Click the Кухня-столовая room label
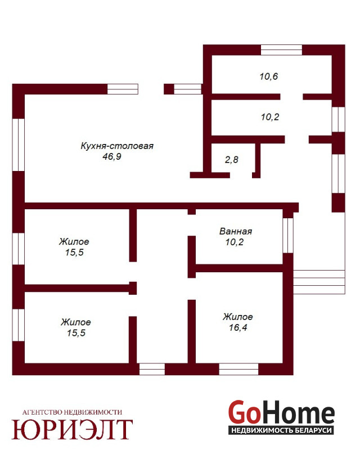coord(117,146)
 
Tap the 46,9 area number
coord(112,157)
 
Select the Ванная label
coord(236,231)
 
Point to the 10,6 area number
coord(269,76)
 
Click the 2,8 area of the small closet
coord(231,160)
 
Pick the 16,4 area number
coord(238,327)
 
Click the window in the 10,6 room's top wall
coord(281,50)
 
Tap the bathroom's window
coord(288,235)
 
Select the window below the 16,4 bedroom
coord(238,369)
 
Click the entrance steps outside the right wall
coord(319,282)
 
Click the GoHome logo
coord(281,417)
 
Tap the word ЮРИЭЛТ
coord(72,429)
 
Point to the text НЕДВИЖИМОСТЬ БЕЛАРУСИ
coord(281,430)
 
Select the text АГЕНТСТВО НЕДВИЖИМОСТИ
coord(72,412)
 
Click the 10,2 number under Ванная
coord(235,242)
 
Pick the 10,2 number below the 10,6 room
coord(270,117)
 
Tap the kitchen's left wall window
coord(19,145)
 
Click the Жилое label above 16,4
coord(238,317)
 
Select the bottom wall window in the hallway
coord(152,369)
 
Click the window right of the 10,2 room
coord(338,119)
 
